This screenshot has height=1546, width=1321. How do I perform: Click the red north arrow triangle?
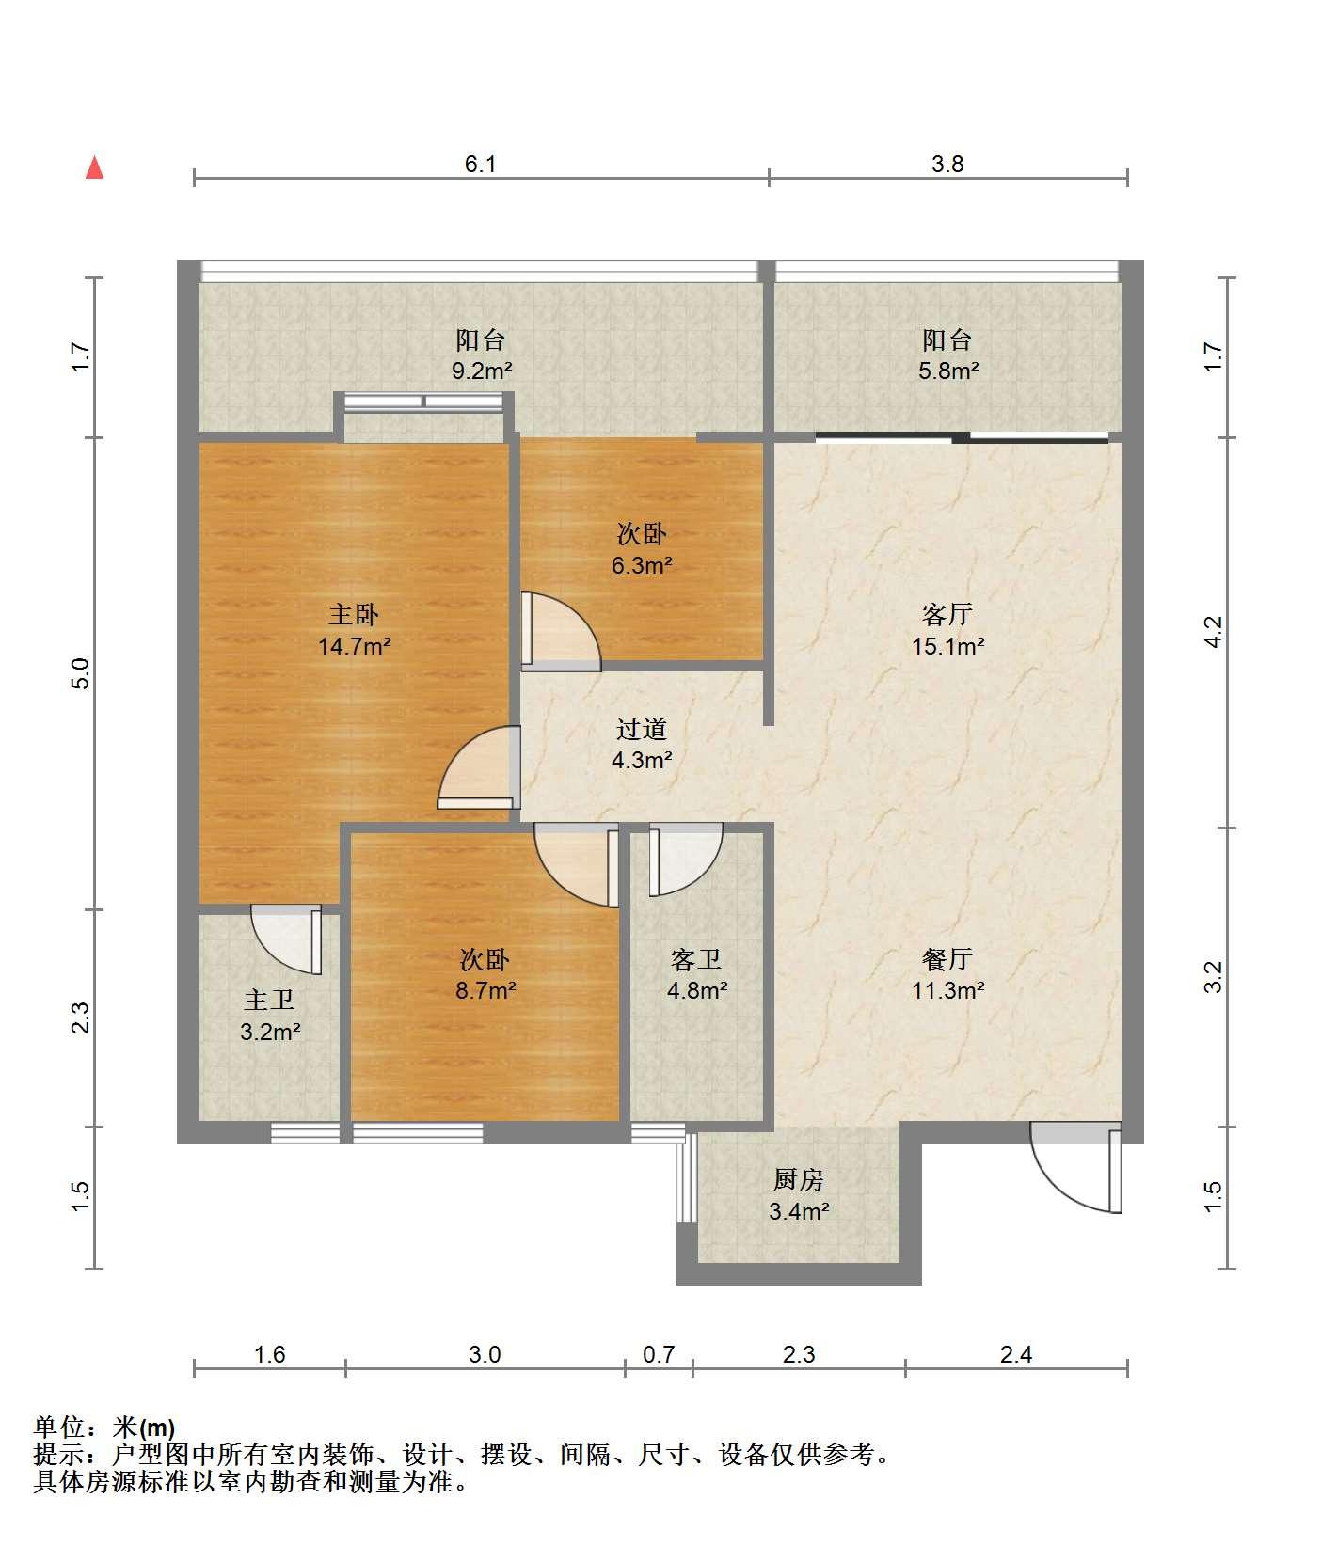pyautogui.click(x=94, y=167)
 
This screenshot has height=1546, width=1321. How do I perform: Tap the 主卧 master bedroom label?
pyautogui.click(x=354, y=615)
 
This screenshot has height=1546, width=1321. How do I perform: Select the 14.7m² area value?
pyautogui.click(x=354, y=647)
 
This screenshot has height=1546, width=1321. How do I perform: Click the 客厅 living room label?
pyautogui.click(x=947, y=615)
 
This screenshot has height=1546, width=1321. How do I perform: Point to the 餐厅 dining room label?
pyautogui.click(x=947, y=959)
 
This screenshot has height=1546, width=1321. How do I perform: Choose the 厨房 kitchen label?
pyautogui.click(x=799, y=1179)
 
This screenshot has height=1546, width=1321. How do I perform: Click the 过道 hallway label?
pyautogui.click(x=642, y=729)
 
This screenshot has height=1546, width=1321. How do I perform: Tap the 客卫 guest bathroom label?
pyautogui.click(x=696, y=959)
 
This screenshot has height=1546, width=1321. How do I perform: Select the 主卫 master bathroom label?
pyautogui.click(x=270, y=1000)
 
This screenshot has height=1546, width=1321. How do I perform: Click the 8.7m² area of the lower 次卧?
pyautogui.click(x=485, y=990)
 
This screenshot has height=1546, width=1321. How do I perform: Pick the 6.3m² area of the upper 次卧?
pyautogui.click(x=642, y=566)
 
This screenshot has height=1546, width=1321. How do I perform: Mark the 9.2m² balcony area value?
pyautogui.click(x=482, y=371)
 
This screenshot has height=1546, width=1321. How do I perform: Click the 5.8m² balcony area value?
pyautogui.click(x=948, y=371)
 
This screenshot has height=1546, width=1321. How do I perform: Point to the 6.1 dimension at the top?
pyautogui.click(x=480, y=164)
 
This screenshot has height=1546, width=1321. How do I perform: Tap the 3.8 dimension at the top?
pyautogui.click(x=947, y=164)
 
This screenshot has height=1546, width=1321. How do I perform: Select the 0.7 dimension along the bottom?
pyautogui.click(x=659, y=1354)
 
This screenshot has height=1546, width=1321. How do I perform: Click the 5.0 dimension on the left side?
pyautogui.click(x=81, y=673)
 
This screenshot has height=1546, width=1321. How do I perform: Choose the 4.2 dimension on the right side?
pyautogui.click(x=1214, y=631)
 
